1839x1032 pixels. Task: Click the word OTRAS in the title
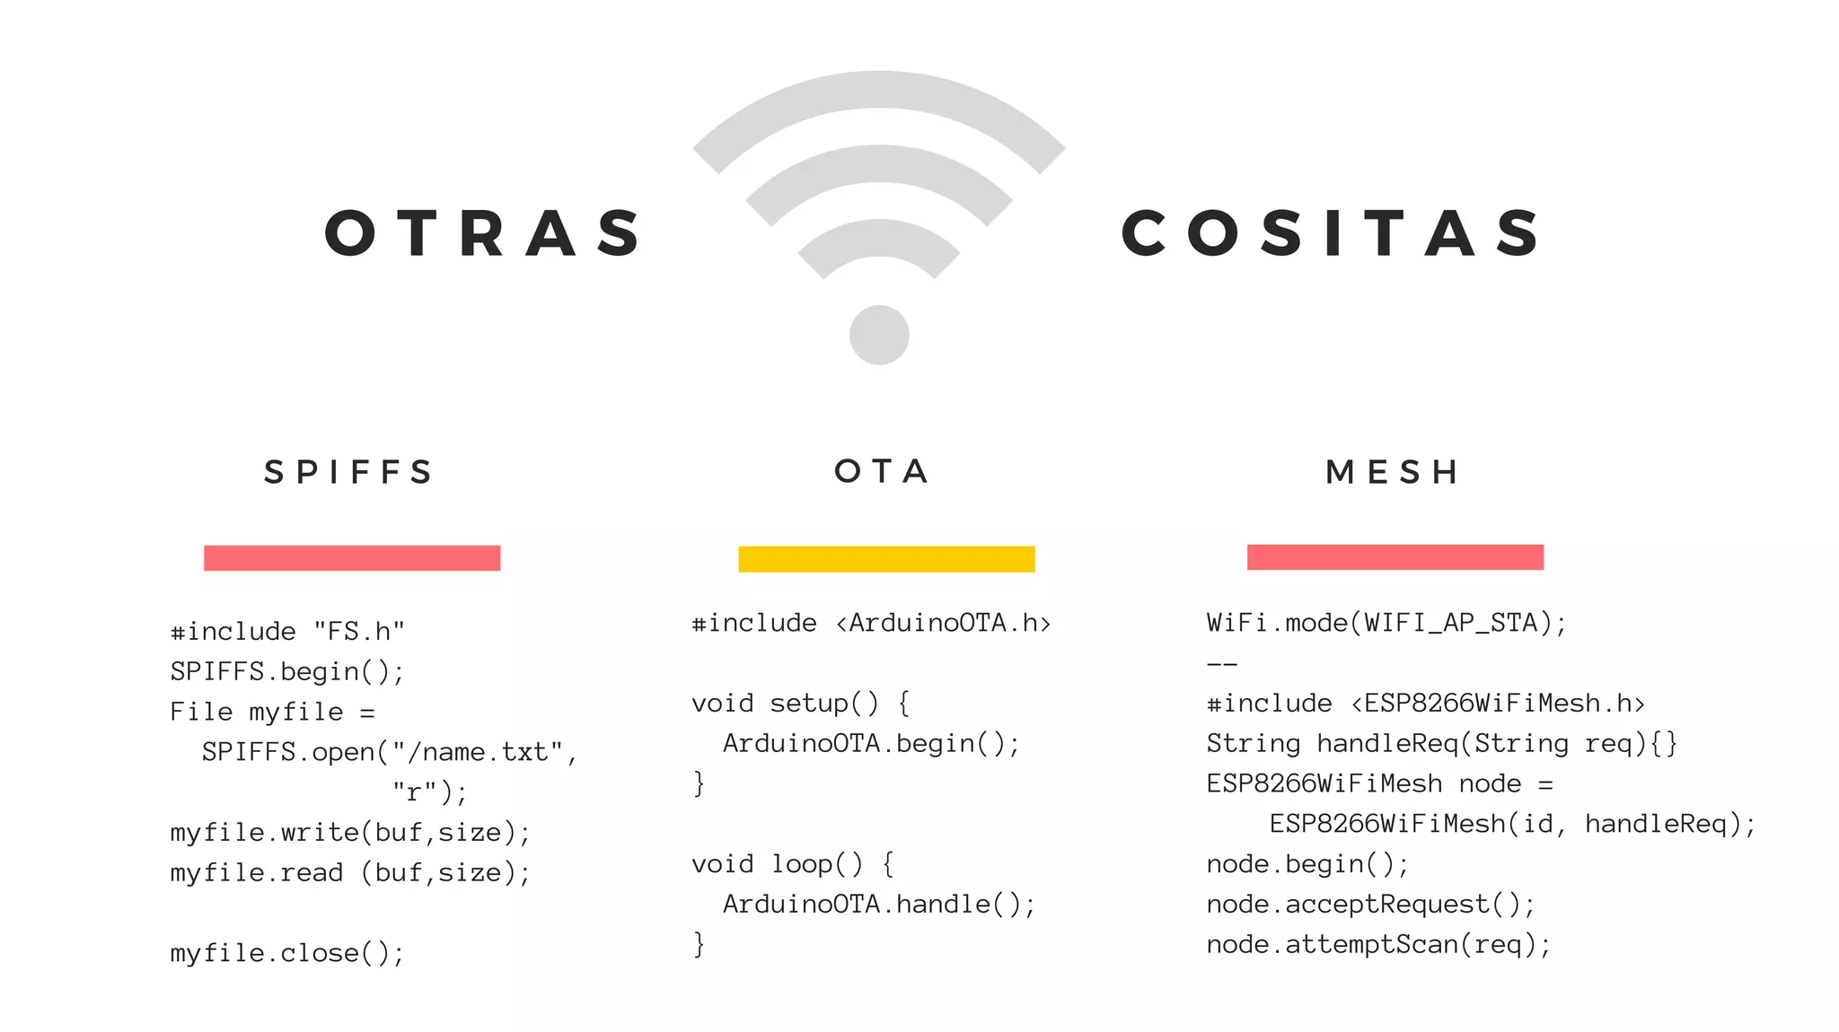(x=483, y=233)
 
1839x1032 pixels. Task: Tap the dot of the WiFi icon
(x=879, y=335)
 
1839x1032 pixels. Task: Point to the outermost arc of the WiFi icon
(x=878, y=91)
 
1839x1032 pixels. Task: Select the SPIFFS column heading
(x=349, y=472)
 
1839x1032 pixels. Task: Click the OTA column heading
(x=882, y=471)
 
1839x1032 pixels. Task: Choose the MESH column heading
(x=1393, y=472)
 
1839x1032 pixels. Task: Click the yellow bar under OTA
(x=886, y=558)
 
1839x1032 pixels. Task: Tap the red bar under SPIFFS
(x=352, y=557)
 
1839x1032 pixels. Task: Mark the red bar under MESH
(x=1395, y=556)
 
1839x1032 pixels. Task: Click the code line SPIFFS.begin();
(x=287, y=672)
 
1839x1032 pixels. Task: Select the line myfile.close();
(x=287, y=953)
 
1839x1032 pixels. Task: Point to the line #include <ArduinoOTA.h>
(x=870, y=623)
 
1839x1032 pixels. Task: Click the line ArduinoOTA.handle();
(x=878, y=904)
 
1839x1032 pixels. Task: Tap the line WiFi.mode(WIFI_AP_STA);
(x=1386, y=623)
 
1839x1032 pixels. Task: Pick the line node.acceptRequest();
(x=1370, y=904)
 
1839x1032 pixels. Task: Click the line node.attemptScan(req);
(x=1377, y=944)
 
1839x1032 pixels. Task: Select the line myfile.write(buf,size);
(x=350, y=833)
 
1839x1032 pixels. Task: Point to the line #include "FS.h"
(x=287, y=632)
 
